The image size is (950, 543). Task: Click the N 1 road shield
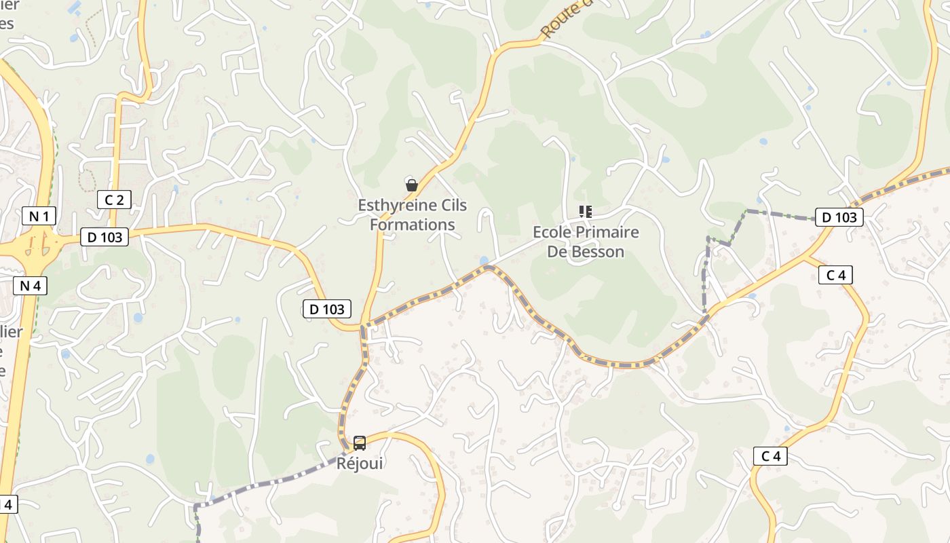tap(39, 217)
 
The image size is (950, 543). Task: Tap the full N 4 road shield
tap(30, 286)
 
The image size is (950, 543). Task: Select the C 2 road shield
tap(114, 200)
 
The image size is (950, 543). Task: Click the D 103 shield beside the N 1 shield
tap(104, 237)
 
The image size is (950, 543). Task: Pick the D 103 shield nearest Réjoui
tap(327, 310)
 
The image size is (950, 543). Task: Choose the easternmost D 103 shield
tap(839, 217)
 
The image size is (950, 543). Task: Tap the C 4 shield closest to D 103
tap(835, 275)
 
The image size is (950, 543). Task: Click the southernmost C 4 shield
tap(770, 456)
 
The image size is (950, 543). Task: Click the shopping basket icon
tap(411, 185)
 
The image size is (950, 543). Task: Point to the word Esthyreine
tap(398, 205)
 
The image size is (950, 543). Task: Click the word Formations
tap(413, 225)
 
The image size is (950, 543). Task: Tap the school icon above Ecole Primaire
tap(585, 212)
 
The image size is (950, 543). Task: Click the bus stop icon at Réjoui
tap(360, 443)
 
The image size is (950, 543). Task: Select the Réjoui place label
tap(360, 463)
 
